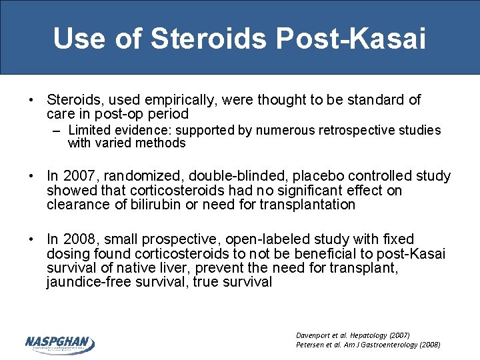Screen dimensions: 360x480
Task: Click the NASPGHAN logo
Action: tap(60, 343)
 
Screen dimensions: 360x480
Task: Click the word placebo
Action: tap(322, 177)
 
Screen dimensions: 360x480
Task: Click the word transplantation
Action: tap(307, 205)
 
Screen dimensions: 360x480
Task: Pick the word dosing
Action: tap(67, 254)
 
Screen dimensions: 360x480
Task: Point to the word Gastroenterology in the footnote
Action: tap(391, 345)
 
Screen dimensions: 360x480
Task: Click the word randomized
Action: tap(147, 177)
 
